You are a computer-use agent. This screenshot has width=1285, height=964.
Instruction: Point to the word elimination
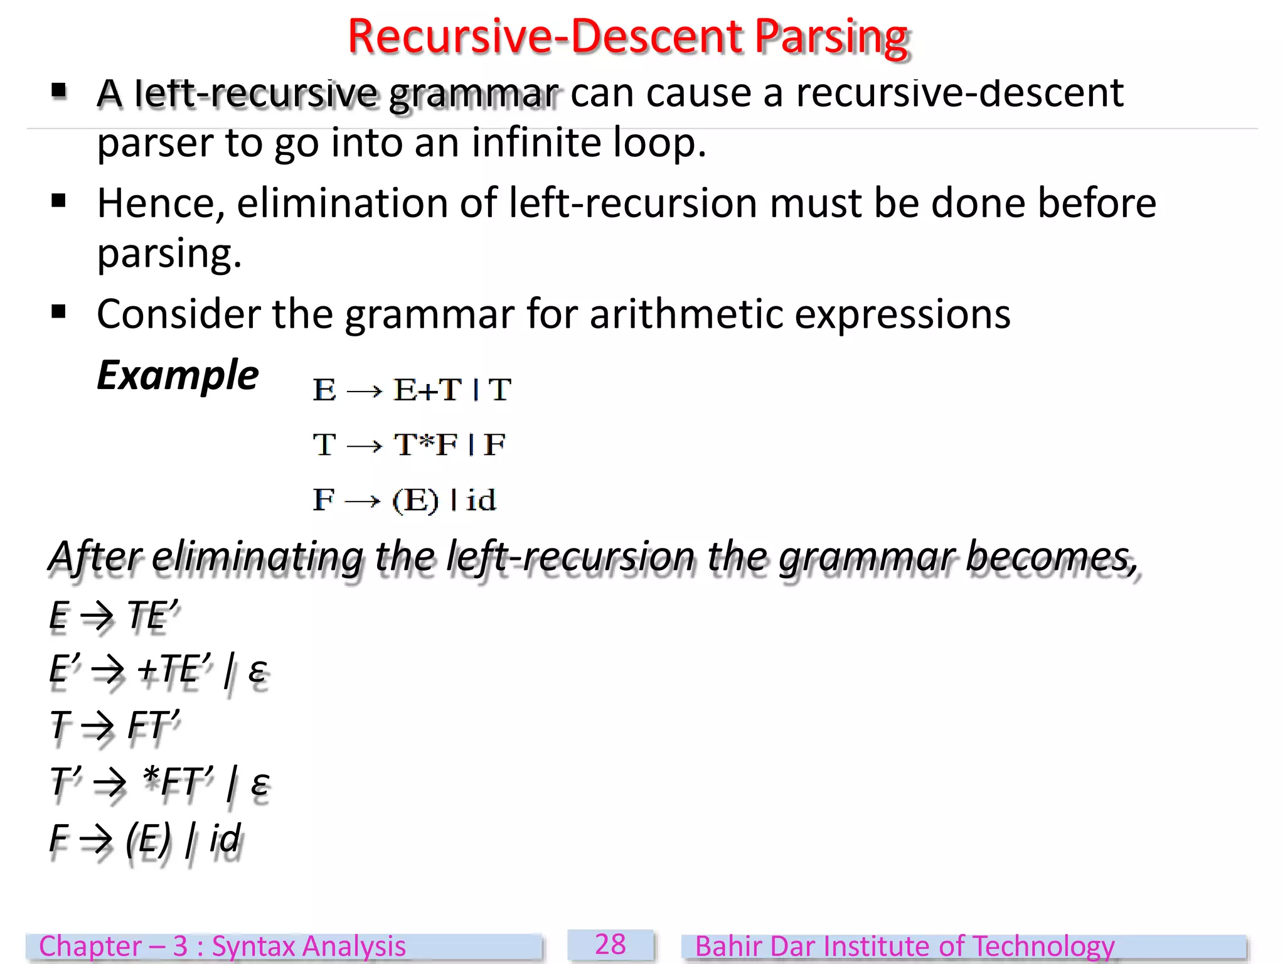pyautogui.click(x=343, y=204)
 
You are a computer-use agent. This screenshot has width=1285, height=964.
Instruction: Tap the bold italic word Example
pyautogui.click(x=178, y=375)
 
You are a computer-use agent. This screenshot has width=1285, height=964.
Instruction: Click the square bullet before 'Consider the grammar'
pyautogui.click(x=59, y=311)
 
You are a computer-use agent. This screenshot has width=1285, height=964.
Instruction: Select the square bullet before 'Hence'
pyautogui.click(x=59, y=201)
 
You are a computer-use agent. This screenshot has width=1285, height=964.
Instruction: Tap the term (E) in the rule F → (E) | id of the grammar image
pyautogui.click(x=415, y=501)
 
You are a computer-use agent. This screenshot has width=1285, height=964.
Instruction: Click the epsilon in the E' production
pyautogui.click(x=257, y=670)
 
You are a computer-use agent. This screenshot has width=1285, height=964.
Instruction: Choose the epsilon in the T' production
pyautogui.click(x=259, y=783)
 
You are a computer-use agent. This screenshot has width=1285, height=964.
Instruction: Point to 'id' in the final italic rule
pyautogui.click(x=224, y=838)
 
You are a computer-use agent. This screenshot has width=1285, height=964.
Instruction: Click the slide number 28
pyautogui.click(x=610, y=945)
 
